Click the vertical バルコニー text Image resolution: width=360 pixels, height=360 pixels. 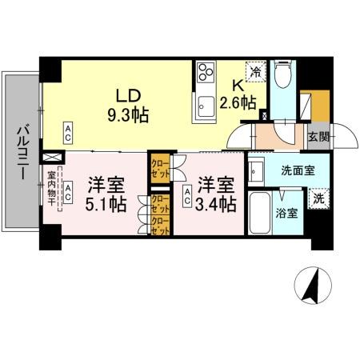[x=23, y=152]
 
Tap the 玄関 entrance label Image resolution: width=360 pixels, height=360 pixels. [x=318, y=137]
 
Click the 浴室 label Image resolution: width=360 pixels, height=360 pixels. [x=288, y=214]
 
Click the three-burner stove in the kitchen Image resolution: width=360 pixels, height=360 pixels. [x=206, y=74]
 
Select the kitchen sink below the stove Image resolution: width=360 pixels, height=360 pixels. [x=206, y=102]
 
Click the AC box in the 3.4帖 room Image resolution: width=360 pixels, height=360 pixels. [x=187, y=192]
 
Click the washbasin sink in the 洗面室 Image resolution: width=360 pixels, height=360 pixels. [x=257, y=170]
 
